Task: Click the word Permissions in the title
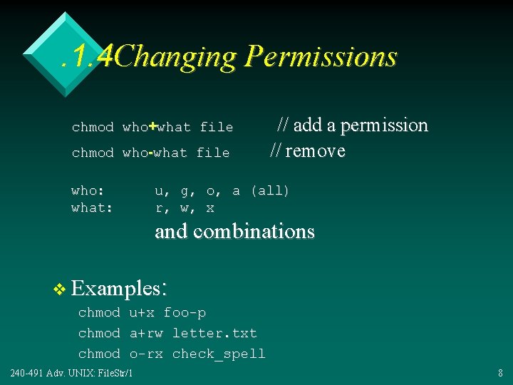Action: pyautogui.click(x=320, y=57)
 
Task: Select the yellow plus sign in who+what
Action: pyautogui.click(x=152, y=126)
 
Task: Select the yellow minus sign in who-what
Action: pyautogui.click(x=152, y=153)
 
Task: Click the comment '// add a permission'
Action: pyautogui.click(x=352, y=125)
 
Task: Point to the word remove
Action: pyautogui.click(x=315, y=151)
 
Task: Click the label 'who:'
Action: pyautogui.click(x=88, y=191)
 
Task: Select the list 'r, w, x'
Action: pyautogui.click(x=185, y=208)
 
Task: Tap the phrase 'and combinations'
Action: pyautogui.click(x=234, y=232)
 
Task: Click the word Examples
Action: pyautogui.click(x=118, y=289)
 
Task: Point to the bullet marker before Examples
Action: pyautogui.click(x=59, y=289)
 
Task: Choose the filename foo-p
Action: pyautogui.click(x=185, y=313)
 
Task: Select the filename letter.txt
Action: pyautogui.click(x=214, y=333)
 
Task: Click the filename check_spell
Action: pyautogui.click(x=219, y=354)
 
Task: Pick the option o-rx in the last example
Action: pyautogui.click(x=145, y=354)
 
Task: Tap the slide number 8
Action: pyautogui.click(x=500, y=373)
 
